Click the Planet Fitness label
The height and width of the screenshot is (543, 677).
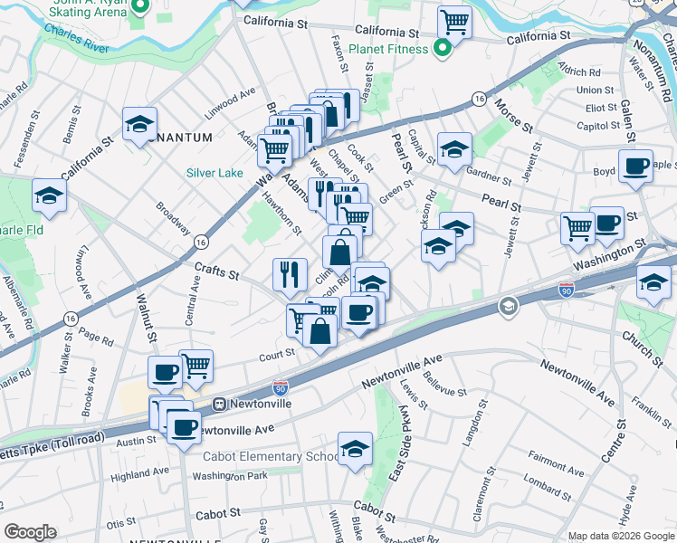click(389, 49)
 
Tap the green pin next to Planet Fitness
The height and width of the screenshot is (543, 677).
click(443, 49)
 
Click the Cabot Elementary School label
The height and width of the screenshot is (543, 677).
click(272, 456)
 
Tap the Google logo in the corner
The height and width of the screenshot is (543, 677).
click(30, 532)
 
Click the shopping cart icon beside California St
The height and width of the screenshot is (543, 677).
click(454, 21)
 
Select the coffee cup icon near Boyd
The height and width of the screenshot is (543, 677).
click(635, 166)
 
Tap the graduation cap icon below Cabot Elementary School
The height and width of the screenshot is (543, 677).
click(355, 448)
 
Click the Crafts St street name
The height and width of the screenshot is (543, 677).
click(216, 270)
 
